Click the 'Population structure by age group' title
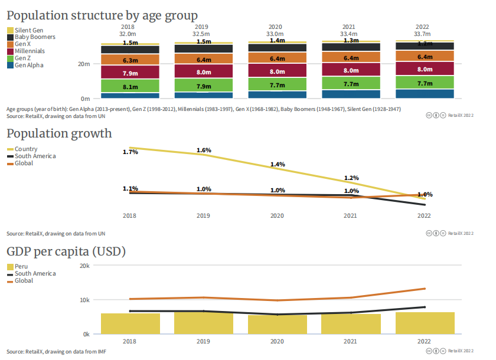coord(102,15)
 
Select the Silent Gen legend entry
coord(28,30)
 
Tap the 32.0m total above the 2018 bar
coord(128,34)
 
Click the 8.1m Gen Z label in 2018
coord(130,87)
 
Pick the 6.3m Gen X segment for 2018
coord(130,60)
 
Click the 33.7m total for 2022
coord(422,34)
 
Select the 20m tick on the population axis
coord(84,64)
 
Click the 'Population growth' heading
coord(59,133)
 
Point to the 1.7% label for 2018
coord(130,152)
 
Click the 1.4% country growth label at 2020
coord(278,164)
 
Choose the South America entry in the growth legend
coord(35,156)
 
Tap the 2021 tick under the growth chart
coord(350,217)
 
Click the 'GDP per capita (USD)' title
coord(66,251)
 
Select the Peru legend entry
coord(21,267)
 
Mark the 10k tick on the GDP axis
coord(85,300)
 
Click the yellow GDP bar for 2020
coord(278,325)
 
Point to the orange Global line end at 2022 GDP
coord(425,289)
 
